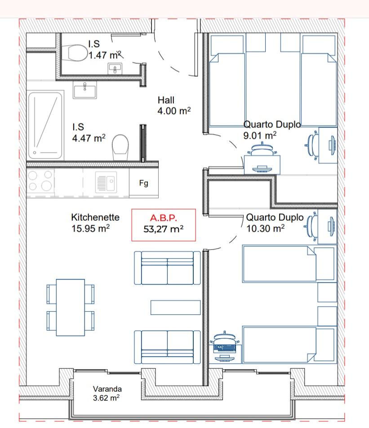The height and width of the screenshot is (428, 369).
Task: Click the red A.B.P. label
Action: point(163,218)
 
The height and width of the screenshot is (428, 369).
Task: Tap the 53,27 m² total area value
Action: point(163,229)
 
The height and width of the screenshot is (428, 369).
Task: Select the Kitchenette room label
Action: point(95,217)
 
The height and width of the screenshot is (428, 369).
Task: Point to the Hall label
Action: point(166,100)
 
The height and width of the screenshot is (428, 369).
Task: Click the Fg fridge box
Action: point(144,183)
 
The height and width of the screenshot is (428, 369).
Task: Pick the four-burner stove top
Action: point(40,180)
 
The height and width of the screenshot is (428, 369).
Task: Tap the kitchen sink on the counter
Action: point(106,182)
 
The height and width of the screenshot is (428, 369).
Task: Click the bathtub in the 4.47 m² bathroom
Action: point(45,125)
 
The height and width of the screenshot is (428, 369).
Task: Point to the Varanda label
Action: point(107,389)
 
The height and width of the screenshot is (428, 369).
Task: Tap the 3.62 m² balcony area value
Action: point(106,397)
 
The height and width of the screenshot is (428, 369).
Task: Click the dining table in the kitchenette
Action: point(70,307)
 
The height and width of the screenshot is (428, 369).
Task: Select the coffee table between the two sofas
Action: point(176,307)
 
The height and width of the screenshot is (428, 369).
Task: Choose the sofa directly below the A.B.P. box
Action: point(167,268)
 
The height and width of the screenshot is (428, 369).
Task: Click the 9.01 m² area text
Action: point(260,135)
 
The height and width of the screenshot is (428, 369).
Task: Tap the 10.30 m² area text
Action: point(265,228)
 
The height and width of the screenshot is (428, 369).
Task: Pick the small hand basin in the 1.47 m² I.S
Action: point(115,68)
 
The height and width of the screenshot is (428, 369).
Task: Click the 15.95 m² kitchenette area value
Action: point(90,228)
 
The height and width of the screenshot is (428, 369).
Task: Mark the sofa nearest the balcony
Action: point(167,347)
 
